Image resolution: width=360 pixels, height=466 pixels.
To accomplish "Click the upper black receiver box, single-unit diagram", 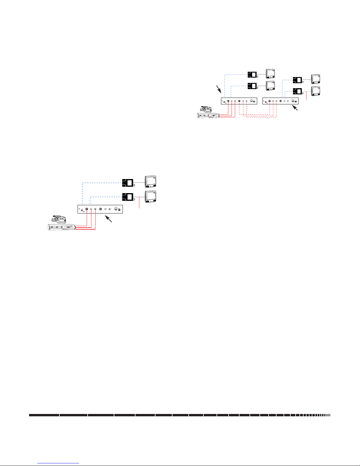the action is [x=128, y=183].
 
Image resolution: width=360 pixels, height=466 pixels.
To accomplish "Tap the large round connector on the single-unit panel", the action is [x=116, y=209].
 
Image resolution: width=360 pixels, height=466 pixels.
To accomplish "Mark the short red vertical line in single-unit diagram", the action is [x=139, y=203].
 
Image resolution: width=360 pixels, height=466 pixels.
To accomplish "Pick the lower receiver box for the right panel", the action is [x=298, y=91].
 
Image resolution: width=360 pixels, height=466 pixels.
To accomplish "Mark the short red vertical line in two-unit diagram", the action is [x=307, y=96].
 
